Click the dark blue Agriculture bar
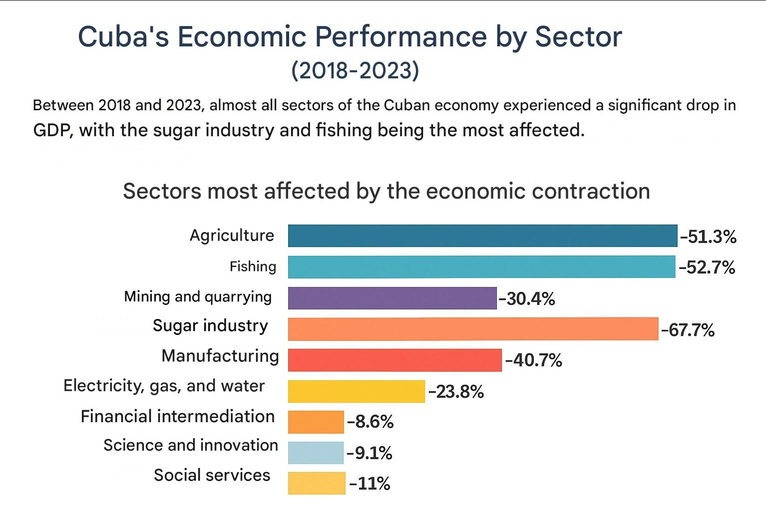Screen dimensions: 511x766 point(482,236)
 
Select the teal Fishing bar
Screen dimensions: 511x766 point(481,267)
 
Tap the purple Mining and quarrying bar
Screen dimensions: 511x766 point(392,298)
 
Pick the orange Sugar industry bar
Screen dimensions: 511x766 point(473,329)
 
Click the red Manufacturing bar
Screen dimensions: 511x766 point(394,360)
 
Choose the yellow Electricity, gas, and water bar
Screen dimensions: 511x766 point(356,391)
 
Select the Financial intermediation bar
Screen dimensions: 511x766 point(316,422)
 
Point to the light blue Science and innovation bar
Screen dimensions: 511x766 point(316,453)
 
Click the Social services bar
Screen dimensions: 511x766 point(317,483)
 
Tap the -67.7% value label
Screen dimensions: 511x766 point(688,330)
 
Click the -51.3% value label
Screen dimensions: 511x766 point(708,237)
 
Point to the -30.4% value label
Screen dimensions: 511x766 point(527,299)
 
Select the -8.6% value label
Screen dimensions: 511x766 point(370,422)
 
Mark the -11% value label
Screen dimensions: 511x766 point(370,484)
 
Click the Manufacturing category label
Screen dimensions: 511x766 point(220,356)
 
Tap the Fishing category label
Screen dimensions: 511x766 point(253,266)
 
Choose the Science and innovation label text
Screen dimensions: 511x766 point(191,445)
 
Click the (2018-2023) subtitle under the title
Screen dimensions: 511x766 point(355,70)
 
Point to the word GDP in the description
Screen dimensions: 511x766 point(53,131)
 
